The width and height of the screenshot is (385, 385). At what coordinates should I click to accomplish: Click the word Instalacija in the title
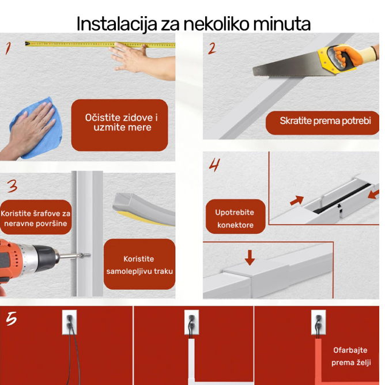tap(117, 24)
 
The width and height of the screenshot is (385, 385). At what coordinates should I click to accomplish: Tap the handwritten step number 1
tap(8, 48)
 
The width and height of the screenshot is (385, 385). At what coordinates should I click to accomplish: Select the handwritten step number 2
tap(212, 48)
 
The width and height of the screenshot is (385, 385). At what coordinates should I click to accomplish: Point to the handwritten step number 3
tap(12, 186)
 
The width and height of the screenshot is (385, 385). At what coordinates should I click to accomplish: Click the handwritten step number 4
tap(214, 165)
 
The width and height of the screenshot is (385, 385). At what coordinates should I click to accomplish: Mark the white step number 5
tap(12, 319)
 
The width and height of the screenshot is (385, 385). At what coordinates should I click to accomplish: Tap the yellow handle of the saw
tap(337, 58)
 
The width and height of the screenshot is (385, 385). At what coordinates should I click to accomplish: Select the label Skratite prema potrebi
tap(325, 121)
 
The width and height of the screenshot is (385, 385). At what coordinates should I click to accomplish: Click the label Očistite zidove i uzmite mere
tap(122, 123)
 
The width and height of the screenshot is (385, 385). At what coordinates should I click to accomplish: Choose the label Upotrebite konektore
tap(235, 218)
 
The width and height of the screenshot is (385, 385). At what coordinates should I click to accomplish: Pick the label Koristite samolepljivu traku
tap(139, 265)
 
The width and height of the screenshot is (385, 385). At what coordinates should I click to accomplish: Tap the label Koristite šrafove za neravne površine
tap(36, 218)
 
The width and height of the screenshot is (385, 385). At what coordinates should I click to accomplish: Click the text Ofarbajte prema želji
tap(350, 356)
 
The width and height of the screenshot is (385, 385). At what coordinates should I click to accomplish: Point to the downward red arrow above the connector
tap(250, 258)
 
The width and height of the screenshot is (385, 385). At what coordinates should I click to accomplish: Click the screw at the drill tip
tap(85, 255)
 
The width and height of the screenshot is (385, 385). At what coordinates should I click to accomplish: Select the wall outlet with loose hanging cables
tap(70, 322)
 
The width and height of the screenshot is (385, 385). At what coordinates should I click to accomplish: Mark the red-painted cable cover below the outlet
tap(319, 362)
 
